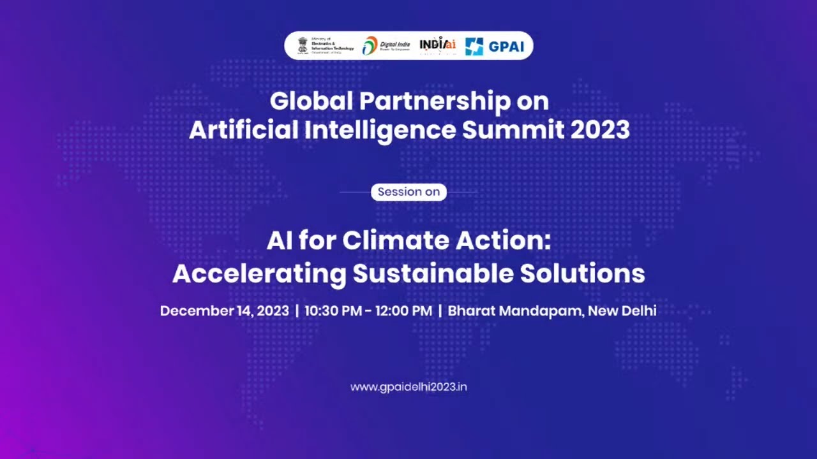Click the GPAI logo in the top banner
(x=493, y=46)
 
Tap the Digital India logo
(x=386, y=45)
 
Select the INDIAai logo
(x=437, y=45)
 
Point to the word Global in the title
(x=310, y=101)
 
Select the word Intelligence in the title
(x=380, y=130)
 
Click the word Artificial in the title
(x=243, y=130)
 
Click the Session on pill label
(x=408, y=192)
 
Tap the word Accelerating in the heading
(x=259, y=273)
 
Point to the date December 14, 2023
(x=224, y=311)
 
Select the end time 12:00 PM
(x=403, y=311)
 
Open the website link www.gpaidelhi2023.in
(x=408, y=387)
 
